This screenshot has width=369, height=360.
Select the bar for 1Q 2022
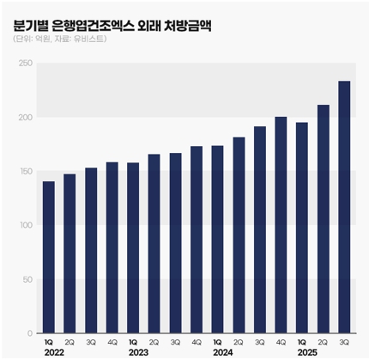(x=48, y=257)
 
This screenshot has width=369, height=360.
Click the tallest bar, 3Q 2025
(x=344, y=207)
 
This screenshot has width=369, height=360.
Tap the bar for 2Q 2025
(x=323, y=219)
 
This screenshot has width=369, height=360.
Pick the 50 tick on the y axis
(x=25, y=279)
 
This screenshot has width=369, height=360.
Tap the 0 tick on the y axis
(x=27, y=333)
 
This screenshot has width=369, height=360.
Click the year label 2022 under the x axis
(x=51, y=352)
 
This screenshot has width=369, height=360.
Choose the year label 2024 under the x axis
(x=221, y=352)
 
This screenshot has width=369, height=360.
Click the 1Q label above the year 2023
(x=133, y=342)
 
